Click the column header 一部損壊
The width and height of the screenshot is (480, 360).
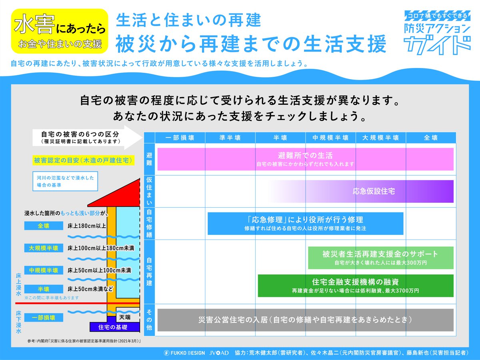[x=180, y=138]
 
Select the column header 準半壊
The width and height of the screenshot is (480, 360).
[x=230, y=138]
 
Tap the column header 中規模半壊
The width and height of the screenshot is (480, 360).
[x=330, y=138]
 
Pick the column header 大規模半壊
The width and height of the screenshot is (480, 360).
[x=380, y=138]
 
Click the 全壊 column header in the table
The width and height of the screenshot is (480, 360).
[x=431, y=138]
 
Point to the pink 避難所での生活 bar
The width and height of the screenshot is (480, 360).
[x=305, y=159]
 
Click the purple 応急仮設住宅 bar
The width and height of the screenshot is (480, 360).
[x=374, y=191]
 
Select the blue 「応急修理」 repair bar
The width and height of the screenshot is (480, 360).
[x=305, y=223]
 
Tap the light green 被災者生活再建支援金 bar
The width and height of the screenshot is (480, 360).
[x=380, y=258]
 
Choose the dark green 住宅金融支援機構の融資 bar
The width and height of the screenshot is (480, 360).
[x=355, y=286]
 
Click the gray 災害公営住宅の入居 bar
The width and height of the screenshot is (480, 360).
[x=305, y=320]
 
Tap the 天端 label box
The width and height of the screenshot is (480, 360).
[x=125, y=317]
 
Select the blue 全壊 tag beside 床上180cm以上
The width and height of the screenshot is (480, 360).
[x=43, y=226]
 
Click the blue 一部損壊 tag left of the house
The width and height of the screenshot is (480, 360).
[x=43, y=318]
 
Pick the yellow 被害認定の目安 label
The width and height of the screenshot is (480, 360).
[x=83, y=160]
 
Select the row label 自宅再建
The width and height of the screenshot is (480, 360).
[x=149, y=272]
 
